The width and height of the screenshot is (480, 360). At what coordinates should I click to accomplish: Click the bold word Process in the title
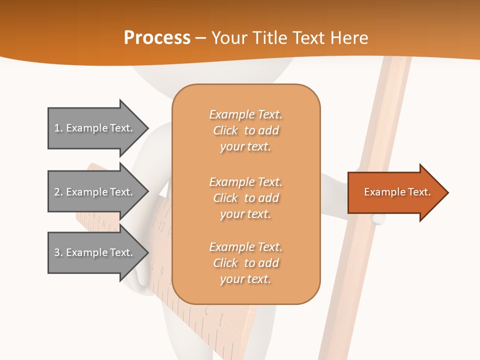click(x=157, y=38)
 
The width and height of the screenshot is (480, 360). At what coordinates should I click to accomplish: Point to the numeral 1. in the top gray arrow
click(x=58, y=128)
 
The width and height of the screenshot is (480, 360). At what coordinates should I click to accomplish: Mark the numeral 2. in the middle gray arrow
click(x=58, y=192)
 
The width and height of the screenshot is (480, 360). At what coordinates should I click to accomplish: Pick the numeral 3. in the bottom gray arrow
click(x=58, y=252)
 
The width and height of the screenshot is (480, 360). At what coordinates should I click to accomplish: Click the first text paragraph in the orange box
click(x=245, y=130)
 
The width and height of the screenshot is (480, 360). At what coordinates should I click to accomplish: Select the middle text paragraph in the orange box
click(x=245, y=198)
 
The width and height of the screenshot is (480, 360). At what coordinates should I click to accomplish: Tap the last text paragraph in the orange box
click(x=245, y=263)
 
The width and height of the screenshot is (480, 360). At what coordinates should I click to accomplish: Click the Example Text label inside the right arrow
click(x=397, y=192)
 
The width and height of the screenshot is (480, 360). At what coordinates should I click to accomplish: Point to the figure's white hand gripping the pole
click(x=377, y=218)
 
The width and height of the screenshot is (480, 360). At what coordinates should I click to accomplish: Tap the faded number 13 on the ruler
click(x=161, y=226)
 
